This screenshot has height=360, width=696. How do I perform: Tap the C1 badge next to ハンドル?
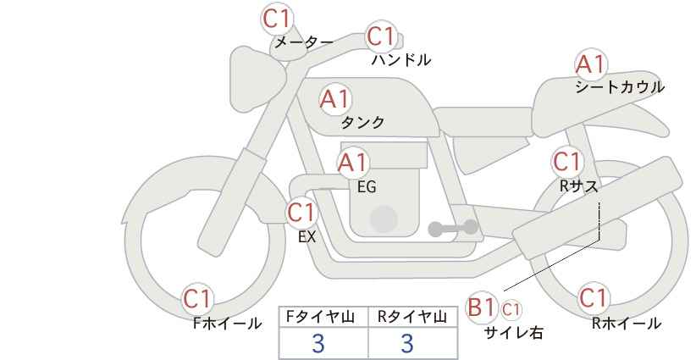pyautogui.click(x=381, y=37)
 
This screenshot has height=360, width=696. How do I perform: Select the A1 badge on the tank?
pyautogui.click(x=334, y=99)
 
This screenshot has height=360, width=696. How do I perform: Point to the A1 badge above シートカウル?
pyautogui.click(x=590, y=64)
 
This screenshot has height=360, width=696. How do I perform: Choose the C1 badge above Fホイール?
pyautogui.click(x=198, y=298)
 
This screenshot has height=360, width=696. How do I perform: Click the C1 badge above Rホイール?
pyautogui.click(x=593, y=298)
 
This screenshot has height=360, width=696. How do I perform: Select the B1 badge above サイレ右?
pyautogui.click(x=483, y=307)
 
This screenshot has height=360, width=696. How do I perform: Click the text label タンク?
pyautogui.click(x=362, y=123)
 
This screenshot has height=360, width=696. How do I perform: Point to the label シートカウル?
pyautogui.click(x=619, y=87)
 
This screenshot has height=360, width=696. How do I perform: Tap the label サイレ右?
pyautogui.click(x=513, y=333)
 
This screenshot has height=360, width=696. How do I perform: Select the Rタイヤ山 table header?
pyautogui.click(x=411, y=317)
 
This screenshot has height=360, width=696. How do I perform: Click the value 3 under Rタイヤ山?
pyautogui.click(x=407, y=343)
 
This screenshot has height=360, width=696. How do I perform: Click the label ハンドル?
pyautogui.click(x=401, y=60)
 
